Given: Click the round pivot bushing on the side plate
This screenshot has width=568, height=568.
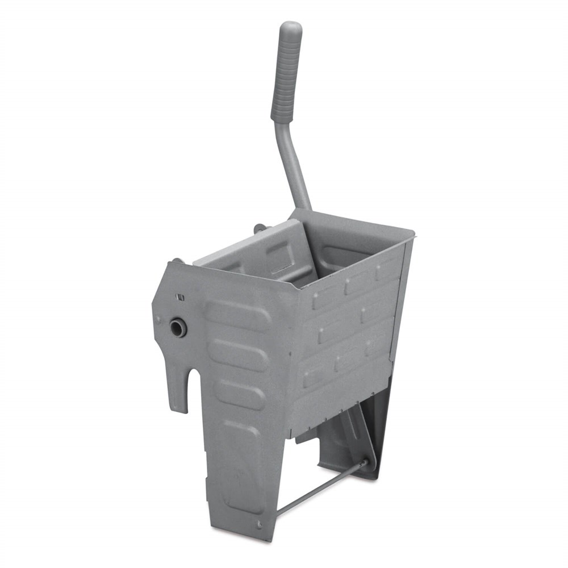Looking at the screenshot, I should point(178,327).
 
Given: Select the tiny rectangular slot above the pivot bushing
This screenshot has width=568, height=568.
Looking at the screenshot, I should point(181,296).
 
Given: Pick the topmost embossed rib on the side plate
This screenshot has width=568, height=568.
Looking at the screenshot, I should point(238,316).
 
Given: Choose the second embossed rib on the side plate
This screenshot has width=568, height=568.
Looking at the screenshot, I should point(239,355).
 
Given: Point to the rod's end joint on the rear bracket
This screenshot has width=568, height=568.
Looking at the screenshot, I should point(364,463).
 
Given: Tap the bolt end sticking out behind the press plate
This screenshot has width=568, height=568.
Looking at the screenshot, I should point(258,228).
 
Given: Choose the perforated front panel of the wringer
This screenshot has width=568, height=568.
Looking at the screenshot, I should point(346,329).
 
